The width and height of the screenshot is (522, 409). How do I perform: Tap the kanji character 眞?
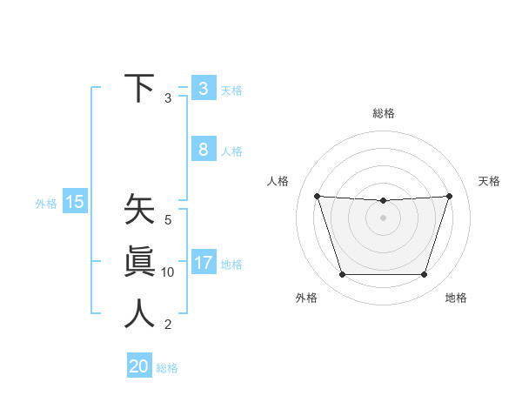point(139,263)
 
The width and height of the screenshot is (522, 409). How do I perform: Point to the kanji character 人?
point(139,314)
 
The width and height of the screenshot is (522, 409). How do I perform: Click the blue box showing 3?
point(203,88)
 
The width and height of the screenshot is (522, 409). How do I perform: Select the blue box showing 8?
point(203,149)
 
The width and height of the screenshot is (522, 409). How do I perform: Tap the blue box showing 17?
point(203,262)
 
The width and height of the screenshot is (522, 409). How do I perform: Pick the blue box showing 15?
point(75,202)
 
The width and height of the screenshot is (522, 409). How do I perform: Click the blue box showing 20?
point(139,365)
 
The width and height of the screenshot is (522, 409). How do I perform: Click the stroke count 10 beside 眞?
point(168,272)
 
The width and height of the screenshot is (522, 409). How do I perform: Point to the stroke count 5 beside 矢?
point(168,220)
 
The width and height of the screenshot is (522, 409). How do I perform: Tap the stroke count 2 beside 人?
point(168,325)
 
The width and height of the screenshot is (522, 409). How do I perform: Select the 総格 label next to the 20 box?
point(167,368)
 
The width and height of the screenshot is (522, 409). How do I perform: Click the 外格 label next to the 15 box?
point(46,204)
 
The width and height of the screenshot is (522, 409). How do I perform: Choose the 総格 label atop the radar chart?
point(383,113)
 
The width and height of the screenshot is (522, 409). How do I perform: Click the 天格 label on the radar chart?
point(489,181)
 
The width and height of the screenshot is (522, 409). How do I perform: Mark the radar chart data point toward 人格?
point(317,196)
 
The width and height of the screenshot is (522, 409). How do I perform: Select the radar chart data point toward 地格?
point(424,275)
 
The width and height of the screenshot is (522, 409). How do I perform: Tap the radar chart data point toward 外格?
point(342,275)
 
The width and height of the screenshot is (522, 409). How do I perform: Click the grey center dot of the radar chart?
point(383,218)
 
